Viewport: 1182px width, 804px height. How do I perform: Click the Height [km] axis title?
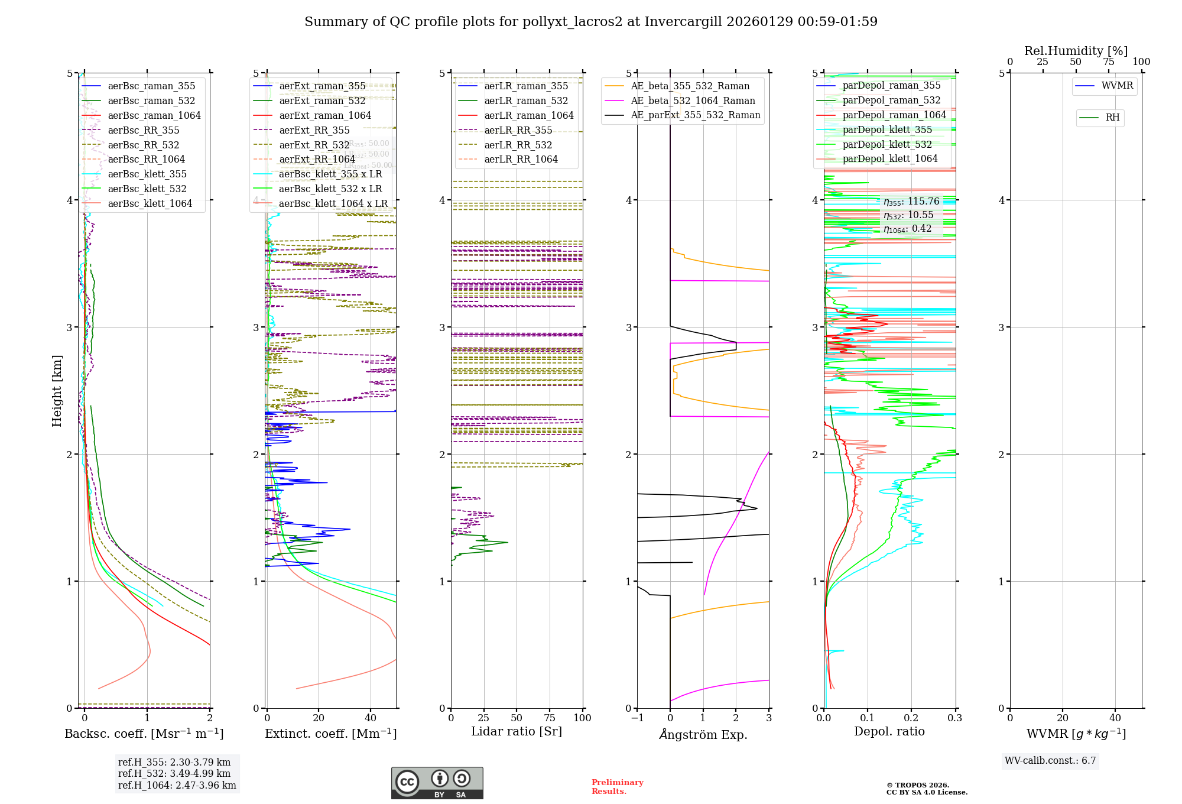(x=57, y=391)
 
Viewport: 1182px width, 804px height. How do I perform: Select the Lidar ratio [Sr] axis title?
(x=516, y=731)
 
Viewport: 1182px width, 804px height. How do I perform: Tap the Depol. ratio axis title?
(x=889, y=731)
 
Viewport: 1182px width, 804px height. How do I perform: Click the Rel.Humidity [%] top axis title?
(x=1076, y=51)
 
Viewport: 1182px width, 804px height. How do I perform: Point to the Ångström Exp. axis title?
(x=703, y=734)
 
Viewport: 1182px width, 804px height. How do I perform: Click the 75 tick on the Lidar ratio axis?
(x=550, y=718)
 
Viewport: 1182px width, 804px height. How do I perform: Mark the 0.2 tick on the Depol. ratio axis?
(x=911, y=718)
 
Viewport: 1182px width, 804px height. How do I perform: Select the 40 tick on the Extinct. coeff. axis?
(x=371, y=718)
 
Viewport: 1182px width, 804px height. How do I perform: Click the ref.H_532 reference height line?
(x=174, y=773)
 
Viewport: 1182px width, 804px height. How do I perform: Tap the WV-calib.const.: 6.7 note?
(x=1050, y=761)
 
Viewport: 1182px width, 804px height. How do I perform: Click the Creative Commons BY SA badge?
(x=437, y=783)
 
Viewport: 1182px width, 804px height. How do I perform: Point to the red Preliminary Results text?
(x=617, y=787)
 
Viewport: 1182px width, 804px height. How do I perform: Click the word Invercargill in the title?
(x=683, y=22)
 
